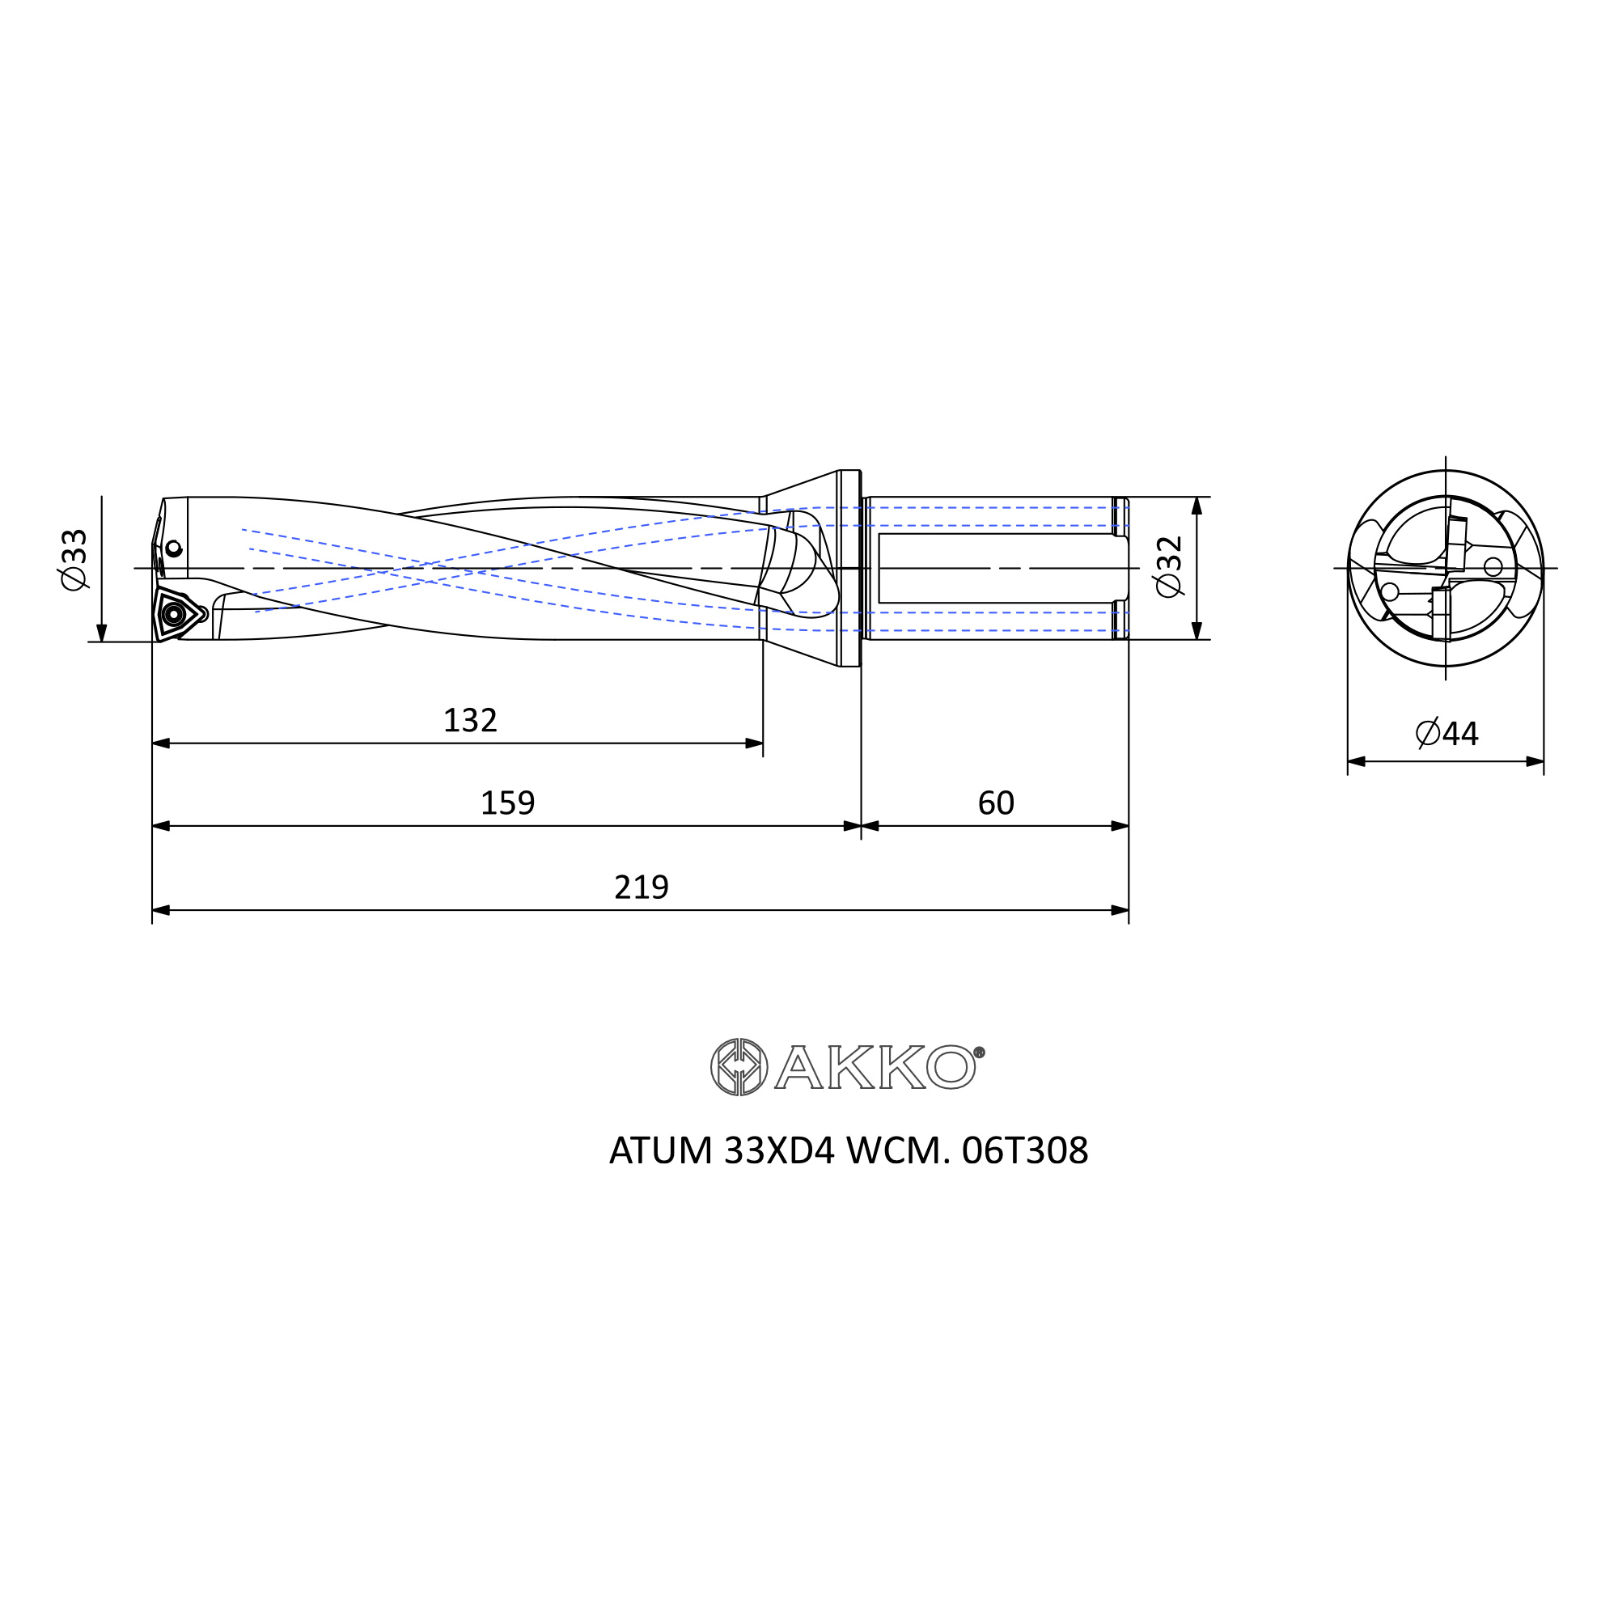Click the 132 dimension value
[x=470, y=721]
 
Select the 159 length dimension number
[x=507, y=803]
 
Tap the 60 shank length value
[x=996, y=803]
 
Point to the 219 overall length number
[x=642, y=887]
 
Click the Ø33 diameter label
[x=74, y=558]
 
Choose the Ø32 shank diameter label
[x=1169, y=566]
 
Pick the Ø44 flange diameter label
[x=1447, y=733]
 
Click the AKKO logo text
[x=875, y=1066]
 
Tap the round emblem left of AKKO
[x=739, y=1067]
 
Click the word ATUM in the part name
[x=661, y=1150]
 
